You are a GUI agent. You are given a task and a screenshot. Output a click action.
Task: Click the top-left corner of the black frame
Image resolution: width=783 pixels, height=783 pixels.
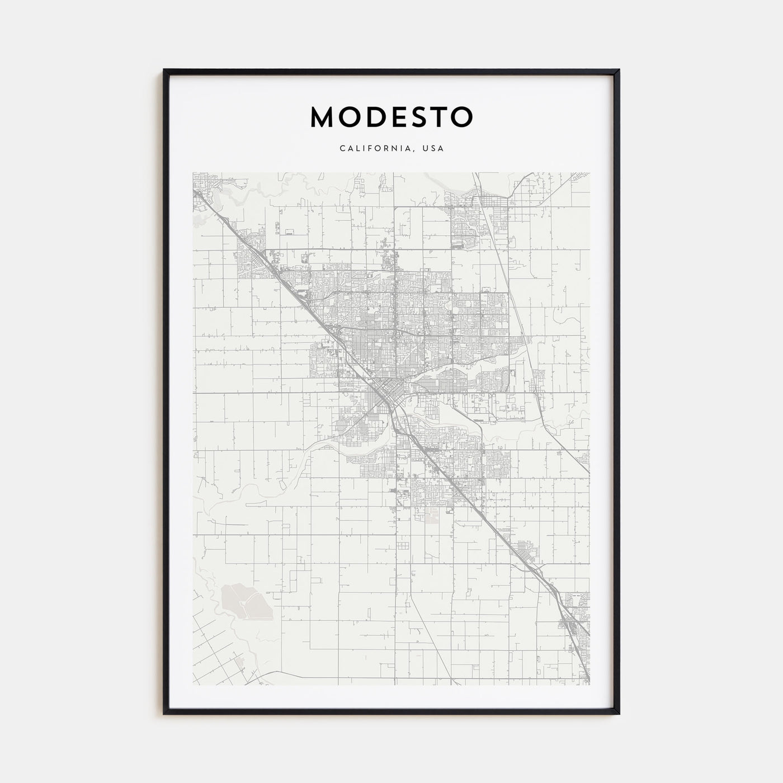click(x=164, y=70)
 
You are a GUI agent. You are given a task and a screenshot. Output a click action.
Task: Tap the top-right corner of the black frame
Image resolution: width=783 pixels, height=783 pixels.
click(x=619, y=70)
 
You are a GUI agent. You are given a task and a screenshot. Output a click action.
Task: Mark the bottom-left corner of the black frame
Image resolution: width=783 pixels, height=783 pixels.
click(x=164, y=714)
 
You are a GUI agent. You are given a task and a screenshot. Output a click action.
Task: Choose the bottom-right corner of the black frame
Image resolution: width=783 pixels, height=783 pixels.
click(x=619, y=714)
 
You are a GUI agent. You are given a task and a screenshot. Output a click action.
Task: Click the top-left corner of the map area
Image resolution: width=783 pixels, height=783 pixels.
click(x=193, y=172)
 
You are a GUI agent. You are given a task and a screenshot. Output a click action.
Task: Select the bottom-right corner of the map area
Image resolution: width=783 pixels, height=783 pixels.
click(x=589, y=685)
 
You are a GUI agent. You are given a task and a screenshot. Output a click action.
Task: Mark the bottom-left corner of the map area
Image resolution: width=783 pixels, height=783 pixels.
click(x=193, y=685)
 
